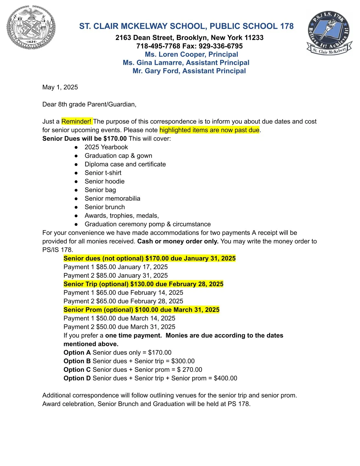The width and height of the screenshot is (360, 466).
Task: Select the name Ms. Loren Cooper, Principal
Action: click(191, 54)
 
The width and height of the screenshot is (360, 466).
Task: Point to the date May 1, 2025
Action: click(60, 87)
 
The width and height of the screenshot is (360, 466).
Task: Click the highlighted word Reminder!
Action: click(76, 122)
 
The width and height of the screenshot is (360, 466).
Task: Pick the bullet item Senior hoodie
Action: click(104, 182)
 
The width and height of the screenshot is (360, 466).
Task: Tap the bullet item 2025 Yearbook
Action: click(106, 147)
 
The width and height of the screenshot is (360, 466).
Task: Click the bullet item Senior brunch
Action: click(105, 207)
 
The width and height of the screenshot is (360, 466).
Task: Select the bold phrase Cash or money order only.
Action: click(178, 242)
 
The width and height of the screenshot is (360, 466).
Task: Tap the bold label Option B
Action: click(77, 361)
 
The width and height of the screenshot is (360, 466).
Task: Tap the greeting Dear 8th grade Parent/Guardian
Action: click(89, 104)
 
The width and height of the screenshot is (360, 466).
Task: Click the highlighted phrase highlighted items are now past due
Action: click(209, 130)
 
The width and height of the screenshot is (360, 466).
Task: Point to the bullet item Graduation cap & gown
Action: click(118, 156)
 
